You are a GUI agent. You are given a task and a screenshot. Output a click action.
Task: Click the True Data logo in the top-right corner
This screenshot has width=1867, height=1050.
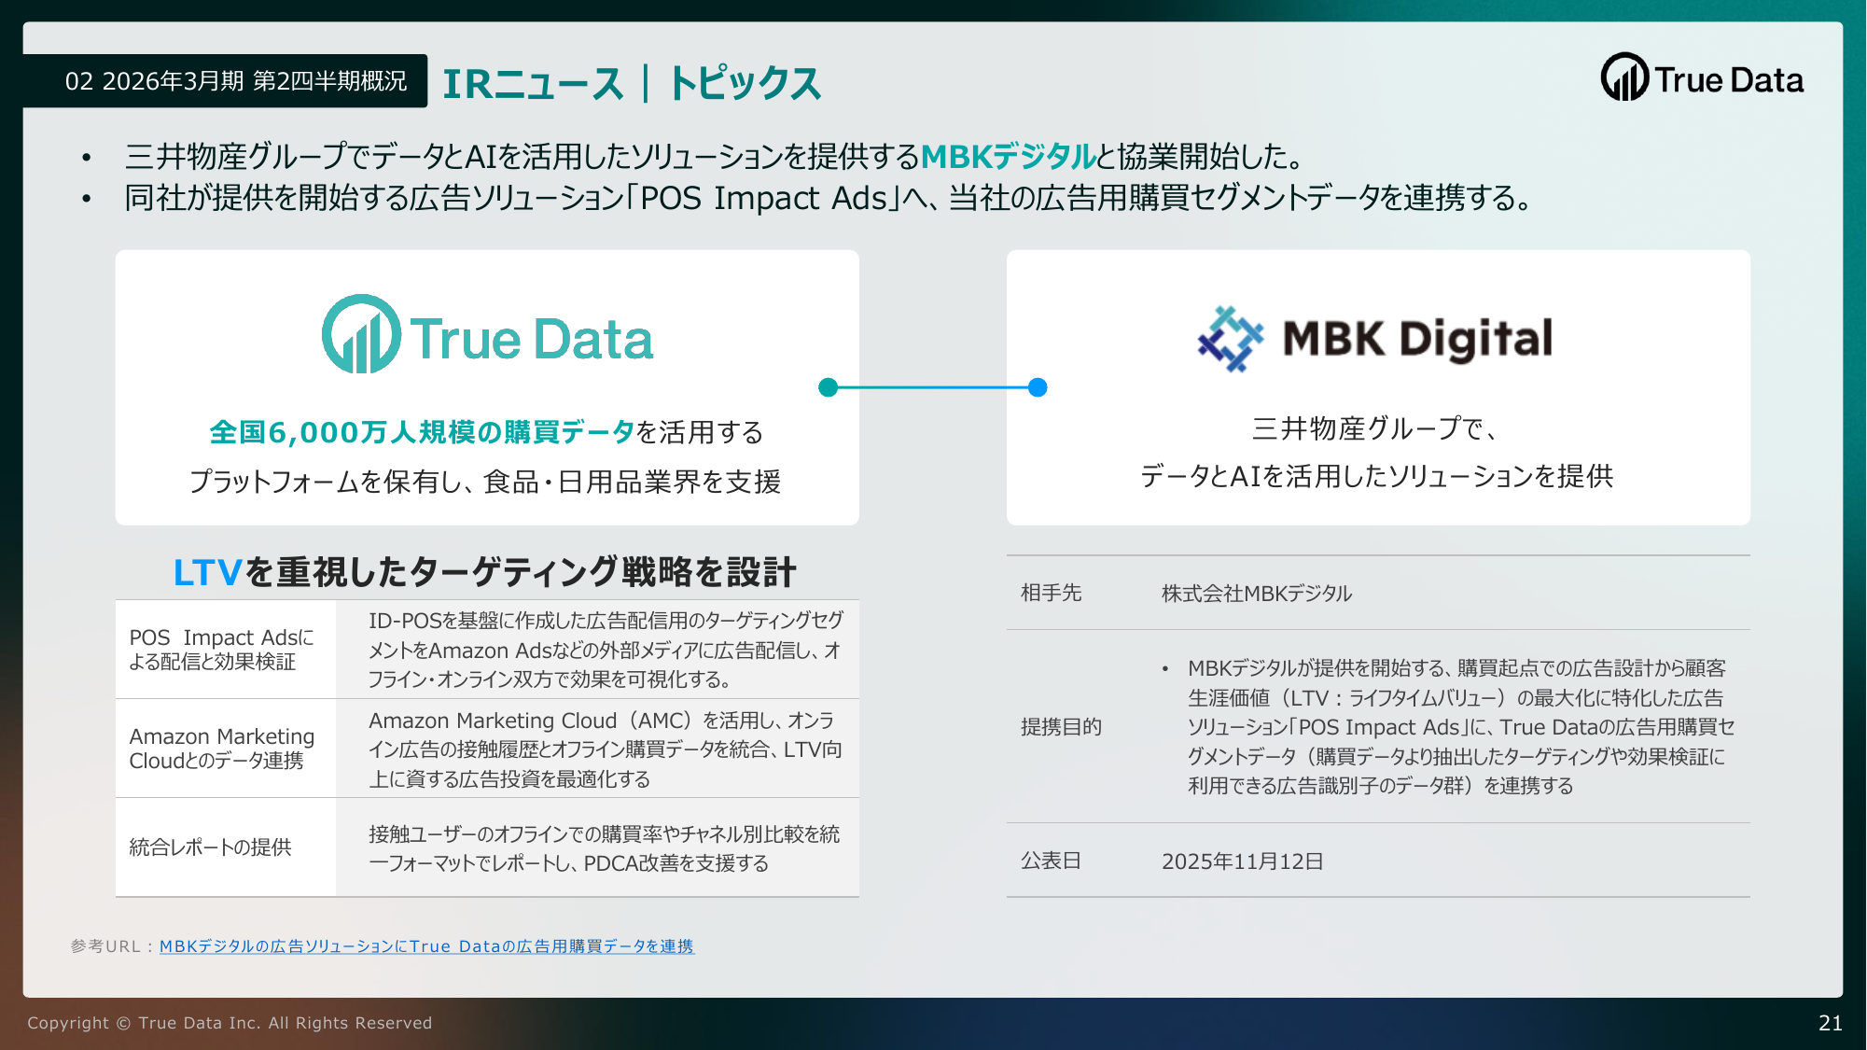[x=1702, y=77]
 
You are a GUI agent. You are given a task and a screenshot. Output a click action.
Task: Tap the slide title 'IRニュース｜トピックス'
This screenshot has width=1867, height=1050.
[x=632, y=83]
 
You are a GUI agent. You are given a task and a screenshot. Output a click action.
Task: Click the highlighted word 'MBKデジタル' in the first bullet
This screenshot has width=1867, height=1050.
[x=1008, y=156]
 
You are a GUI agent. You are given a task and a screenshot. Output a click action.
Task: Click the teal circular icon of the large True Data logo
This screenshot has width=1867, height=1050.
[x=361, y=334]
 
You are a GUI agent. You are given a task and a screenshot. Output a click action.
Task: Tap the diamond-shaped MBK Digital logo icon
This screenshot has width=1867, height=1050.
[x=1231, y=339]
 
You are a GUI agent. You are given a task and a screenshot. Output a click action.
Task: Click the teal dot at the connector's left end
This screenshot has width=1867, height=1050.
[x=828, y=387]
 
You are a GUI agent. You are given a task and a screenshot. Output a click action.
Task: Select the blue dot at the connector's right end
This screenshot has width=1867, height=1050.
[x=1038, y=387]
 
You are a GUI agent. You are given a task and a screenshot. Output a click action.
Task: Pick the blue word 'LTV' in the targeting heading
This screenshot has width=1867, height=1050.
[x=208, y=572]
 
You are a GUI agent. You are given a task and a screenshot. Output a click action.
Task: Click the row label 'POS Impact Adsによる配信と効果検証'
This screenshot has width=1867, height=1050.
[x=221, y=650]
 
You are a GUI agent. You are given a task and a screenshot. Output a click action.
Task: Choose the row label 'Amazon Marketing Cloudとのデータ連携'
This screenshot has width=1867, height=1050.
[x=222, y=749]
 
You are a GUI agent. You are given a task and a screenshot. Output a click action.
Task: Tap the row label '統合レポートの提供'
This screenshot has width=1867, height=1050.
[x=210, y=847]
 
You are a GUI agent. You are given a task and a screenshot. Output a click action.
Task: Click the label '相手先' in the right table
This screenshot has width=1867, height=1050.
[x=1051, y=593]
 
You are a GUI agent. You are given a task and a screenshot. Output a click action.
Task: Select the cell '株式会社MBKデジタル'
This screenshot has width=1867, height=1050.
[x=1257, y=594]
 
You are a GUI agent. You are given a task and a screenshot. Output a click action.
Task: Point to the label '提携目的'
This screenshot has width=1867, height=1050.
[x=1061, y=727]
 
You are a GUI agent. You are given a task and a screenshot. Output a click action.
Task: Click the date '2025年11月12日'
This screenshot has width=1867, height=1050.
[x=1242, y=861]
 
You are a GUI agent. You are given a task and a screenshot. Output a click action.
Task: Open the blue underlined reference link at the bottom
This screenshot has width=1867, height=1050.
[x=426, y=946]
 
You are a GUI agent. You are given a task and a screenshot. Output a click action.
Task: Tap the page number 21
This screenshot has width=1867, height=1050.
[x=1831, y=1023]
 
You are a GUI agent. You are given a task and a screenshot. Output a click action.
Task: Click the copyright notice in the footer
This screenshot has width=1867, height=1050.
[x=230, y=1023]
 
